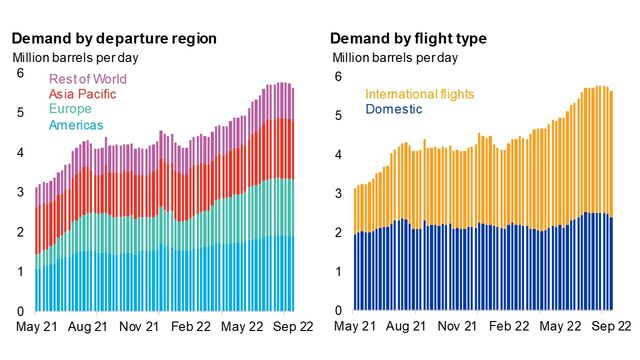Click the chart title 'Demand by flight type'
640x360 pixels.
408,38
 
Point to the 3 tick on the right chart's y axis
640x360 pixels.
338,193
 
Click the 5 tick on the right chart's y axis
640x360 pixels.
338,115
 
